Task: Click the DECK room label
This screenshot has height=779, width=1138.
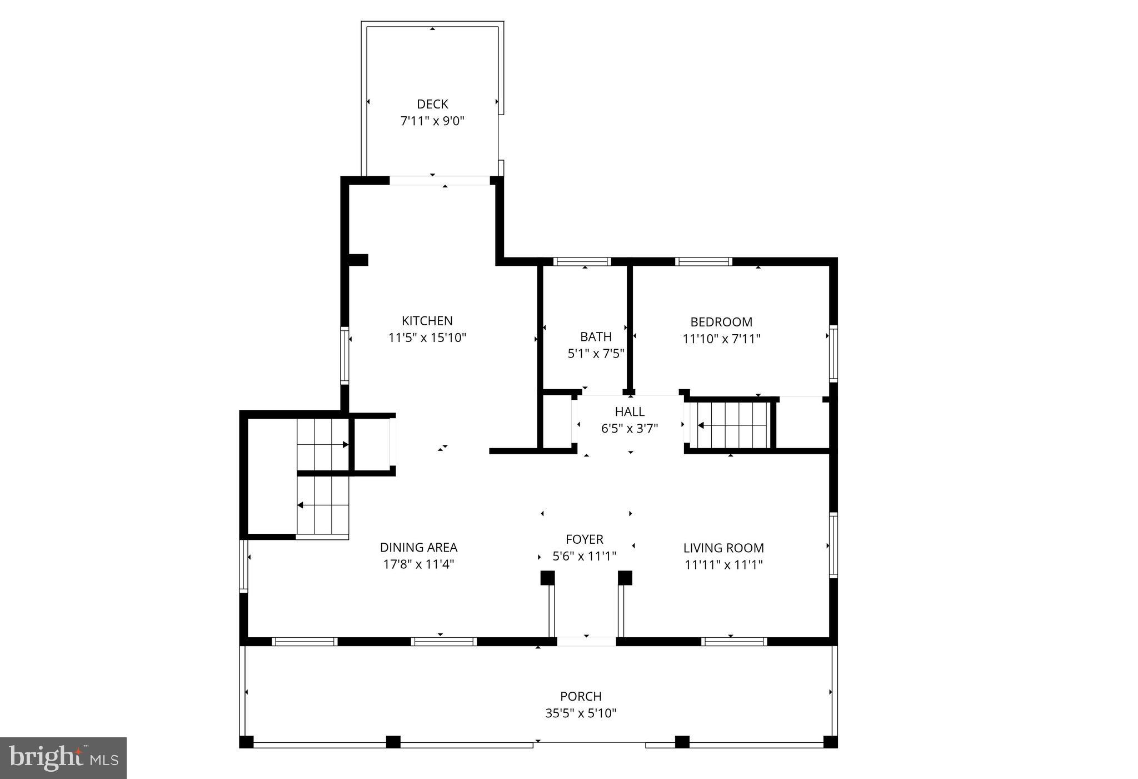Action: (432, 104)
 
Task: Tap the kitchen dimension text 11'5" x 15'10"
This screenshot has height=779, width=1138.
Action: (427, 338)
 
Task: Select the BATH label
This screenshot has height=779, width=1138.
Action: (596, 336)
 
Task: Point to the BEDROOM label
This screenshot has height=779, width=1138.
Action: (721, 322)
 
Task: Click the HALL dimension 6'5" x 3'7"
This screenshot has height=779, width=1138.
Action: (629, 429)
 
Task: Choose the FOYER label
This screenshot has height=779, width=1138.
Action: (584, 539)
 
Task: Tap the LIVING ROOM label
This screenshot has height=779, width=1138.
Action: (723, 548)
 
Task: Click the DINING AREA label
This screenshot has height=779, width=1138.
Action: (418, 547)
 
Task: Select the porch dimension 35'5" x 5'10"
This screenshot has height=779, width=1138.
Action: (581, 713)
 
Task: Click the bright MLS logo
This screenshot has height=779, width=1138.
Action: (63, 758)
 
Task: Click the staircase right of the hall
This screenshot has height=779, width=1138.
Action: (730, 425)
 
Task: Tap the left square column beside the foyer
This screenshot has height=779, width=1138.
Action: (547, 578)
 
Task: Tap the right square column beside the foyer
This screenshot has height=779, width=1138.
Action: (625, 578)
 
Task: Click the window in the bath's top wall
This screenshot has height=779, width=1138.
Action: (582, 262)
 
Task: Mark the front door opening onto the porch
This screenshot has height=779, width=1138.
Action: (586, 641)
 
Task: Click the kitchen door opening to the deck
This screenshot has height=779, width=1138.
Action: (439, 180)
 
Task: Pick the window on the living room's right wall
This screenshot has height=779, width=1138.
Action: (833, 545)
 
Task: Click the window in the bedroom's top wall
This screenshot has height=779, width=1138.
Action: (703, 262)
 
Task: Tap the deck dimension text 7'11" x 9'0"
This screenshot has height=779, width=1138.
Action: (432, 121)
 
